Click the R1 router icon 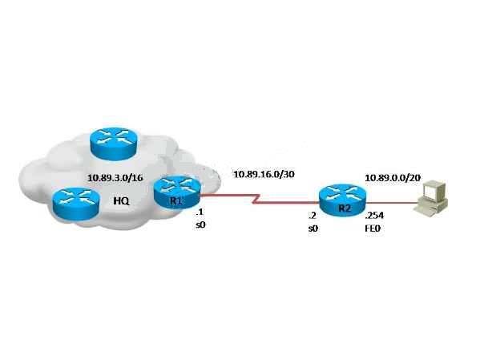pyautogui.click(x=177, y=192)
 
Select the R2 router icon pyautogui.click(x=342, y=200)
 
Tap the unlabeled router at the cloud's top pyautogui.click(x=114, y=144)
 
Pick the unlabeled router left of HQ pyautogui.click(x=76, y=204)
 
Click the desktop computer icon pyautogui.click(x=431, y=198)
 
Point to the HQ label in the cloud pyautogui.click(x=122, y=201)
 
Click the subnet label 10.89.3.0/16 pyautogui.click(x=115, y=178)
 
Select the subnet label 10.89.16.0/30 pyautogui.click(x=264, y=174)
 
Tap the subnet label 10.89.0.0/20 pyautogui.click(x=393, y=178)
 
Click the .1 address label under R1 pyautogui.click(x=200, y=212)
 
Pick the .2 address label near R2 pyautogui.click(x=313, y=216)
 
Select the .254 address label pyautogui.click(x=374, y=216)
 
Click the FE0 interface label pyautogui.click(x=373, y=229)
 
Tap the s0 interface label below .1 pyautogui.click(x=200, y=225)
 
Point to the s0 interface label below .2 pyautogui.click(x=313, y=229)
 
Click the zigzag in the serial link pyautogui.click(x=257, y=199)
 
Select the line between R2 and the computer pyautogui.click(x=392, y=202)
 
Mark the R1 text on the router pyautogui.click(x=176, y=201)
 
